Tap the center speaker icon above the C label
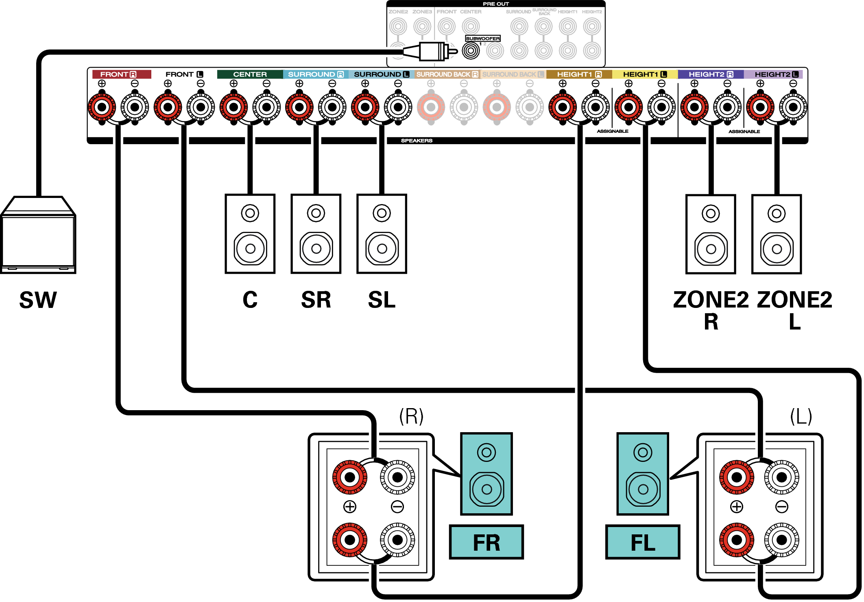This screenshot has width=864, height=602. click(x=250, y=234)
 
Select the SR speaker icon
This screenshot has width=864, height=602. click(x=316, y=234)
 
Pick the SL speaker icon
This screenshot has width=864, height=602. click(x=382, y=234)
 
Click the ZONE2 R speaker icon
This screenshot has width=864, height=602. click(x=711, y=234)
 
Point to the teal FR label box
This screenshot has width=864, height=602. click(x=487, y=542)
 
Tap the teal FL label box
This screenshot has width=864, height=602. click(x=643, y=542)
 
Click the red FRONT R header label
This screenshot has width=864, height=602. click(x=121, y=74)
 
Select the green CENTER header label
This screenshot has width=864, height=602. click(x=250, y=74)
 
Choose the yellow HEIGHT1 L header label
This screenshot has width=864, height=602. click(x=645, y=74)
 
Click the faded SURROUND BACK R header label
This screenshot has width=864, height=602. click(x=447, y=74)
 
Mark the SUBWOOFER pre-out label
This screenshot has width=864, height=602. click(x=483, y=38)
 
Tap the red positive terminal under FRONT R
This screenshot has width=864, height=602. click(x=102, y=108)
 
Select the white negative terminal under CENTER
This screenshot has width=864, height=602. click(x=266, y=108)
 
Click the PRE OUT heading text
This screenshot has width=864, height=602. click(x=496, y=4)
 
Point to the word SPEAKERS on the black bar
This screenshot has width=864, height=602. click(x=417, y=141)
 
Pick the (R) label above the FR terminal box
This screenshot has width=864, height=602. click(x=411, y=416)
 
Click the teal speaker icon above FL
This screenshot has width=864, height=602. click(x=643, y=474)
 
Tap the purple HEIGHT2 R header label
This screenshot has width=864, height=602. click(x=711, y=74)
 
